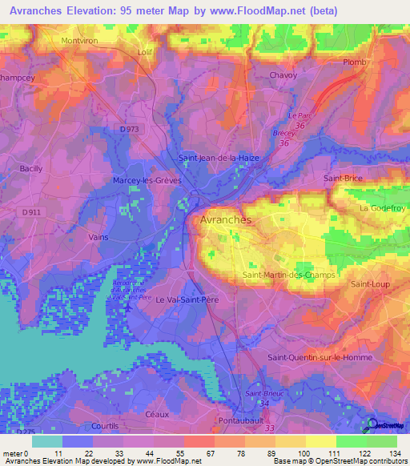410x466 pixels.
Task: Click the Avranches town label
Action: tap(225, 219)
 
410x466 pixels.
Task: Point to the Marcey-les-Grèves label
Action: tap(147, 181)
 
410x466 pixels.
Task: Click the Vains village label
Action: tap(99, 237)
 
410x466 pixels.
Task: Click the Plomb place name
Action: tap(354, 62)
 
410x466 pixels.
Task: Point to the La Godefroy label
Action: tap(384, 208)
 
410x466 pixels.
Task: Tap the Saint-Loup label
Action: tap(369, 284)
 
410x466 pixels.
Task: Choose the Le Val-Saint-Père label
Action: tap(187, 299)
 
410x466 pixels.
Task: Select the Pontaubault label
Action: tap(241, 420)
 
